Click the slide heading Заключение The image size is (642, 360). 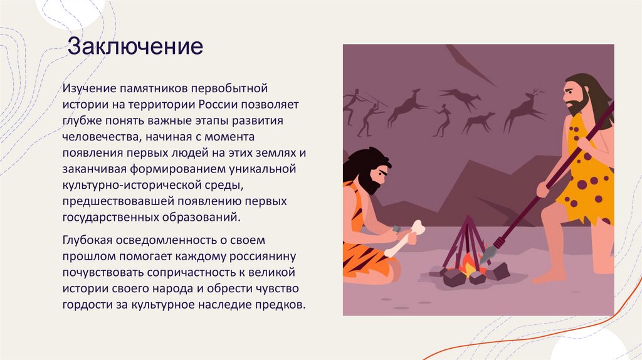[135, 46]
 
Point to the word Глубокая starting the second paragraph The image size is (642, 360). [90, 240]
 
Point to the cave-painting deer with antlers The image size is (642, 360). [525, 110]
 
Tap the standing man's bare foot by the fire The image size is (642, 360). [549, 275]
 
